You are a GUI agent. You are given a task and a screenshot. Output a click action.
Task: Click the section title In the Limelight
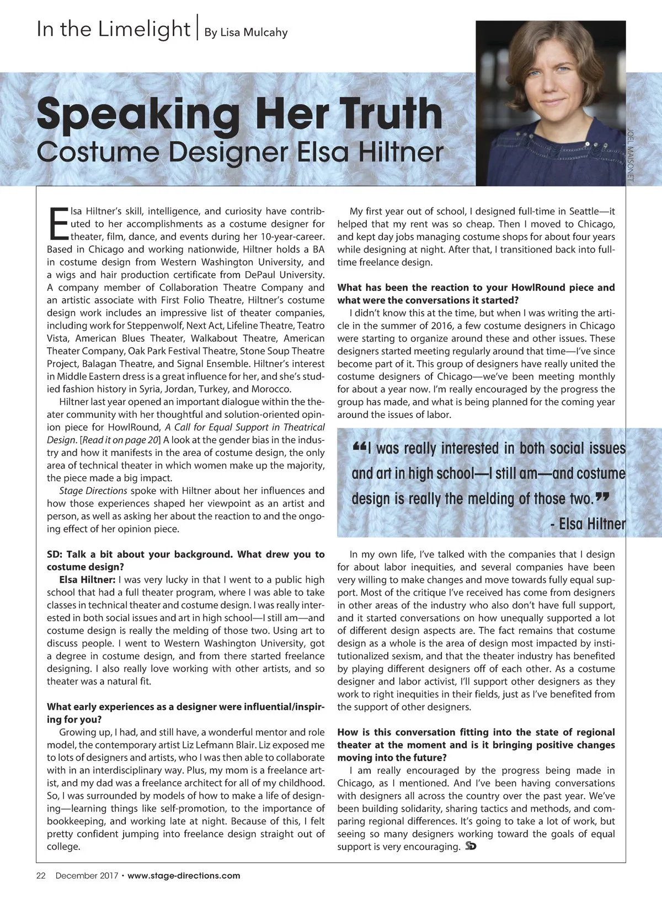pyautogui.click(x=113, y=29)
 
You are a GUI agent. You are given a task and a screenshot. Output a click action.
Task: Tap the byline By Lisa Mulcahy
pyautogui.click(x=246, y=33)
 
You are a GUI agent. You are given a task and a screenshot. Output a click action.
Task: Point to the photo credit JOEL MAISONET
pyautogui.click(x=631, y=155)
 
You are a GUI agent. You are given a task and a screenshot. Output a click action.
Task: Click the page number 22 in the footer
pyautogui.click(x=41, y=875)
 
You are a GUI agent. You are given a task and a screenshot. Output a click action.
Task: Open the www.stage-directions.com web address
pyautogui.click(x=184, y=875)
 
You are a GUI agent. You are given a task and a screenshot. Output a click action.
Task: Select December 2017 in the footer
pyautogui.click(x=87, y=875)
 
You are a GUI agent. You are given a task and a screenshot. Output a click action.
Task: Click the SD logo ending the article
pyautogui.click(x=471, y=846)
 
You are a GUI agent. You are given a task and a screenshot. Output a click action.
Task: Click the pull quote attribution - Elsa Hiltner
pyautogui.click(x=588, y=524)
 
